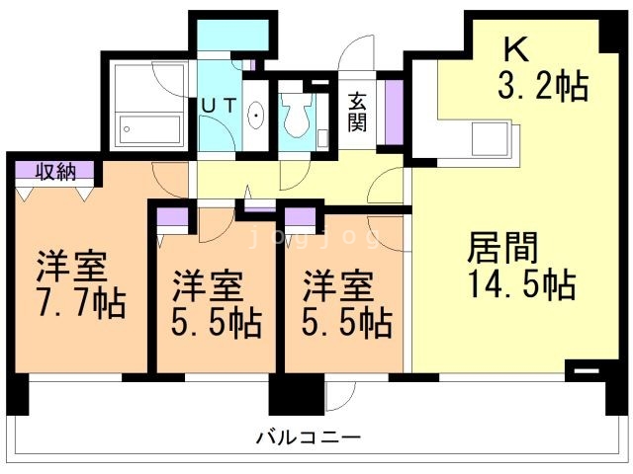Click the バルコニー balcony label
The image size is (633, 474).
click(x=308, y=435)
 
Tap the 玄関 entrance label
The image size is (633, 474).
click(x=357, y=111)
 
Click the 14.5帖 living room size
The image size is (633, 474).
click(x=518, y=284)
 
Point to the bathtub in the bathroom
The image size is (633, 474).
click(x=149, y=129)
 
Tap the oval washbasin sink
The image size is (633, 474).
click(x=255, y=117)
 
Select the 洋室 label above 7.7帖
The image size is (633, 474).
click(x=72, y=267)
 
